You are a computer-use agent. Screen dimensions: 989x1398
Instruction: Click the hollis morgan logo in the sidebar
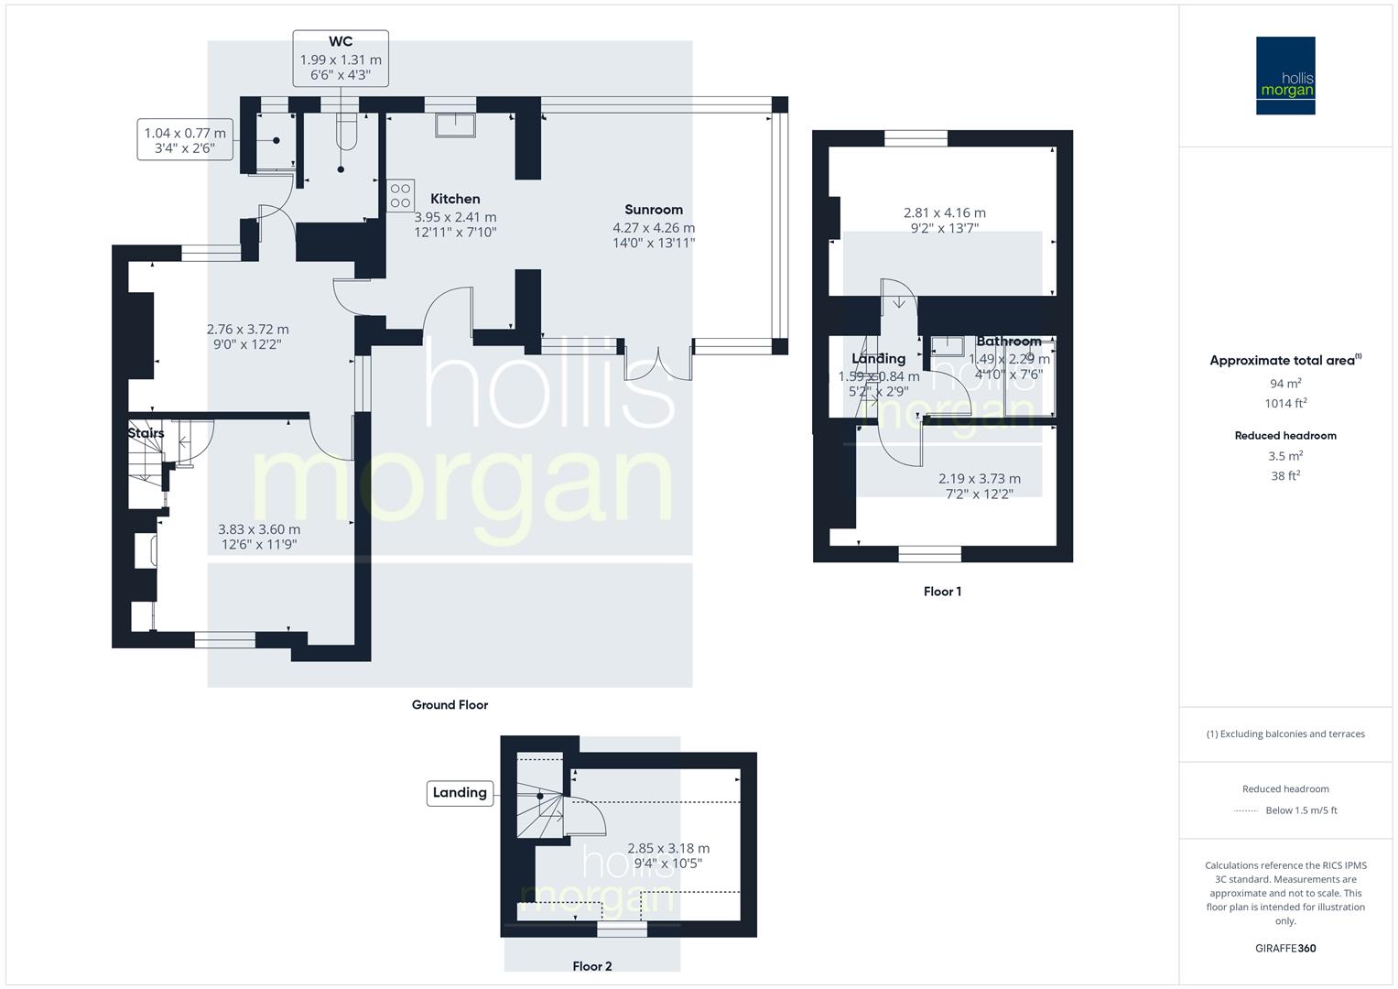click(1284, 76)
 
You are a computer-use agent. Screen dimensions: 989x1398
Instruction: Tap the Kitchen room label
click(455, 199)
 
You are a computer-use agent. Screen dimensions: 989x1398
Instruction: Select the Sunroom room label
click(654, 210)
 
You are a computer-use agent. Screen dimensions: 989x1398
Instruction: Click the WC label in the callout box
click(341, 42)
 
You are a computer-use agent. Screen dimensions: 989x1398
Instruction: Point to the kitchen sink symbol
click(454, 124)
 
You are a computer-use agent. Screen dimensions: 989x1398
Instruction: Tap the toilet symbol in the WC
click(345, 134)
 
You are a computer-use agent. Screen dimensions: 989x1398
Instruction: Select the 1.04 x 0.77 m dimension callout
click(185, 134)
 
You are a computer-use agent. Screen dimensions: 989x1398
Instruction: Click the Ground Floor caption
click(450, 705)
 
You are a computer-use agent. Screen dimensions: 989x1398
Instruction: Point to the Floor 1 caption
click(942, 592)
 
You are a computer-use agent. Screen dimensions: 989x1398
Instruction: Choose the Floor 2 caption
click(592, 966)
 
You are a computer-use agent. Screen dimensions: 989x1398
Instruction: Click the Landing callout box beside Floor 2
click(460, 793)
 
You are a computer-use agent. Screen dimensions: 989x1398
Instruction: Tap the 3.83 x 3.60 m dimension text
click(259, 529)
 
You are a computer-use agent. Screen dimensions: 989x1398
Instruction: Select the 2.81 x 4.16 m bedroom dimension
click(944, 213)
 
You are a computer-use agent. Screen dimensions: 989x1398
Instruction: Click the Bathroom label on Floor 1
click(1008, 342)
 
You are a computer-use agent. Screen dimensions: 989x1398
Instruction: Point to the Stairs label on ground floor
click(146, 433)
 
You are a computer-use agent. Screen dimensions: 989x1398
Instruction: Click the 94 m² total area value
click(1285, 384)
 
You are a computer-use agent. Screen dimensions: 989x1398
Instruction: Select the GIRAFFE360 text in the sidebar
click(1285, 949)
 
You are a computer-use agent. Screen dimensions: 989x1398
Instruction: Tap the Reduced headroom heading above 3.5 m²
click(1285, 436)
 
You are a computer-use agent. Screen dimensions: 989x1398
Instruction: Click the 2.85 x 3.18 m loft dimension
click(668, 849)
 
